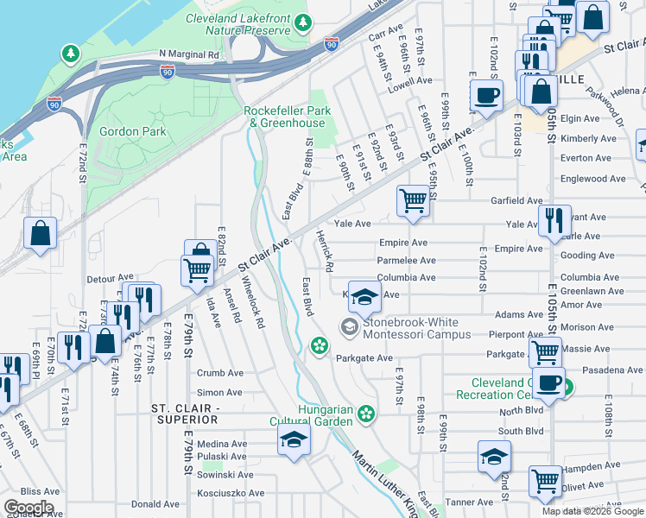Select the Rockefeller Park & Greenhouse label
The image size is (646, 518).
[284, 117]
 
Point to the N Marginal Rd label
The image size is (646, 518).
[189, 54]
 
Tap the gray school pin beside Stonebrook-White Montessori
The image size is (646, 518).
[349, 326]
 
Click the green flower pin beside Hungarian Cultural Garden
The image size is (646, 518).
[367, 414]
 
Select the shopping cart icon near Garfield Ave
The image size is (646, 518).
[414, 201]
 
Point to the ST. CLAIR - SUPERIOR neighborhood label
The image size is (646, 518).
[186, 413]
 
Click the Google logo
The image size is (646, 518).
[28, 508]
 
